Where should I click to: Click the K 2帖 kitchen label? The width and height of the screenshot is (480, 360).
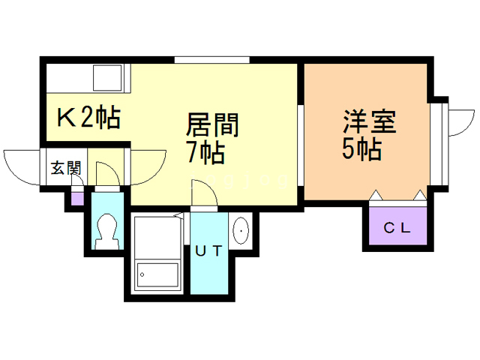[x=88, y=118]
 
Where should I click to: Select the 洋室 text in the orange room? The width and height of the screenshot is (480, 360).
[x=369, y=121]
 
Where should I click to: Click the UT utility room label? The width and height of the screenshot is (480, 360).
[x=208, y=251]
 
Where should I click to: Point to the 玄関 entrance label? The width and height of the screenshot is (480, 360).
[x=65, y=169]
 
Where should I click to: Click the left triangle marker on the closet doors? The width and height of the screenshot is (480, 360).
[x=376, y=196]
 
